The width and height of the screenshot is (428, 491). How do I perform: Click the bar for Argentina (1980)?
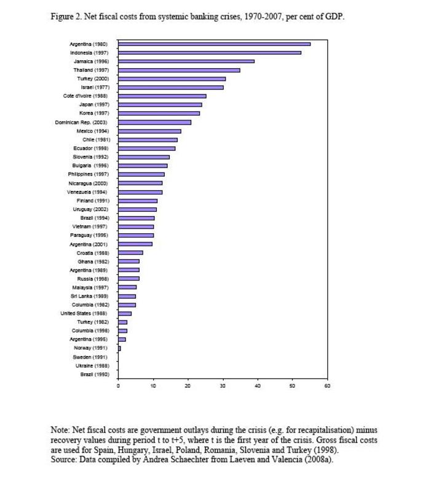tap(215, 44)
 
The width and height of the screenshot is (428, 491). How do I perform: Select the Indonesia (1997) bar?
tap(210, 53)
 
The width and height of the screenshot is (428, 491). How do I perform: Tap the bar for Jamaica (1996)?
tap(186, 61)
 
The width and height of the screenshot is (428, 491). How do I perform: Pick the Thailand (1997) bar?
tap(179, 70)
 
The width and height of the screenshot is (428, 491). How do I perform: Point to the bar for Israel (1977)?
tap(171, 87)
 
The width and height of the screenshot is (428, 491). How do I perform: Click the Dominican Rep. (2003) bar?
tap(155, 122)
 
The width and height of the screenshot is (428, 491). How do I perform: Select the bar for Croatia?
tap(130, 253)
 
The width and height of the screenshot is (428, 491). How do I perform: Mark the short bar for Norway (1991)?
tap(119, 348)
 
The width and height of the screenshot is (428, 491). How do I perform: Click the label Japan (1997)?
tap(94, 104)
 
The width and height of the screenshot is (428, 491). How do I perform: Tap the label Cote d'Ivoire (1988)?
tap(85, 96)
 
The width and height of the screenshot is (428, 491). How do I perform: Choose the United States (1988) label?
tap(84, 314)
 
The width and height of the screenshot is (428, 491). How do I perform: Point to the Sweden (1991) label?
tap(90, 357)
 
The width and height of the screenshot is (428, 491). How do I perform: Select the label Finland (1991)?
tap(93, 201)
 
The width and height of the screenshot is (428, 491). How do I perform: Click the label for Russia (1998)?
tap(93, 279)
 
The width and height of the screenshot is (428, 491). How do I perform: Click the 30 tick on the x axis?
tap(223, 386)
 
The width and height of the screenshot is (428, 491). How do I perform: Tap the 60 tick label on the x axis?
tap(327, 386)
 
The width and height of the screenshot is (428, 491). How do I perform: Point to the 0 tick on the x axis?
tap(118, 386)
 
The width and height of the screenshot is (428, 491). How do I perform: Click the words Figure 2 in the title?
tap(66, 17)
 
